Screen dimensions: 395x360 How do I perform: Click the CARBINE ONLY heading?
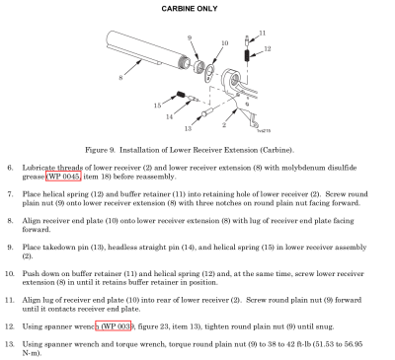190,9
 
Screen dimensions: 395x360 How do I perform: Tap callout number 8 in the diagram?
120,78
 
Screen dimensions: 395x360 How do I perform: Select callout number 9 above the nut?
190,37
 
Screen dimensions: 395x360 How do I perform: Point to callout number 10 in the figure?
225,43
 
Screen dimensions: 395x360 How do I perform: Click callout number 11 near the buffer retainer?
263,33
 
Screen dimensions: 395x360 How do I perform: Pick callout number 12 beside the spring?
268,48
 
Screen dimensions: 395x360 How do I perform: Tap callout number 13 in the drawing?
188,128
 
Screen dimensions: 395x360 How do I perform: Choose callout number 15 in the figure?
157,106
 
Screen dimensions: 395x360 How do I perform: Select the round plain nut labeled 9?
198,67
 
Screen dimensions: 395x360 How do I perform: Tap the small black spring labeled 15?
181,95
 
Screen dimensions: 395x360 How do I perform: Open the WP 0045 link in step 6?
63,177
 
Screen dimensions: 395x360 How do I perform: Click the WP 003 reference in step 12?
114,326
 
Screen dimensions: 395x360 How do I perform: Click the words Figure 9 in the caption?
100,150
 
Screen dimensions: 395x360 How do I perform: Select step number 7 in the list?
10,194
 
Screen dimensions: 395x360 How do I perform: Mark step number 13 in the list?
9,344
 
